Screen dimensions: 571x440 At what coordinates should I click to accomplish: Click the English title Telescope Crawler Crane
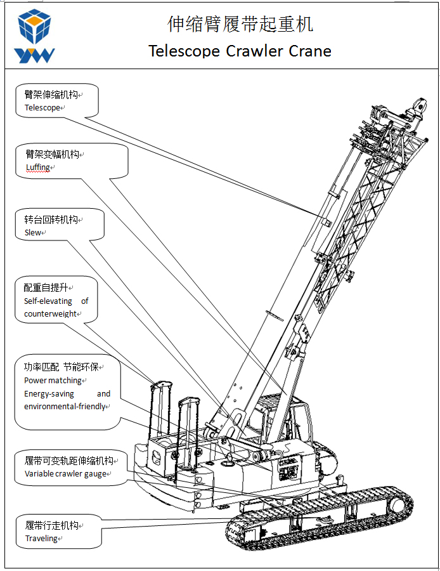pyautogui.click(x=240, y=51)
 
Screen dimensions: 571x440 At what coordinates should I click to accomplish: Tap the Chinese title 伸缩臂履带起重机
pyautogui.click(x=240, y=24)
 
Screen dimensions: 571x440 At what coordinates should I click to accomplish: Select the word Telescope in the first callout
pyautogui.click(x=42, y=108)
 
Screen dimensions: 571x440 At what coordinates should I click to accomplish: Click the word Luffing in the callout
pyautogui.click(x=37, y=167)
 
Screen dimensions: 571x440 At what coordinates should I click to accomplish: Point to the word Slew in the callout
pyautogui.click(x=33, y=233)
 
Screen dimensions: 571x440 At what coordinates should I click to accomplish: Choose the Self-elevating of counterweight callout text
pyautogui.click(x=56, y=308)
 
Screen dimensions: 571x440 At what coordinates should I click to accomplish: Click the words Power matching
pyautogui.click(x=53, y=381)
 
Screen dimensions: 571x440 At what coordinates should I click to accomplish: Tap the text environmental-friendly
pyautogui.click(x=65, y=407)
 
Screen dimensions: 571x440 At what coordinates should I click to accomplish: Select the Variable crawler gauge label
pyautogui.click(x=65, y=474)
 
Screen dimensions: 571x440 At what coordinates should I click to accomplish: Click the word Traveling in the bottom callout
pyautogui.click(x=41, y=539)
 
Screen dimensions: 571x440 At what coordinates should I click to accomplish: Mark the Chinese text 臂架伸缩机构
pyautogui.click(x=51, y=95)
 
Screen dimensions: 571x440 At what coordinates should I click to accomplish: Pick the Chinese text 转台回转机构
pyautogui.click(x=51, y=220)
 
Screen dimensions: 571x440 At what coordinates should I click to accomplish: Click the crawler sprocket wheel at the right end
pyautogui.click(x=398, y=505)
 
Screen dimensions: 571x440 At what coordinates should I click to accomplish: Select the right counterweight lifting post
pyautogui.click(x=190, y=431)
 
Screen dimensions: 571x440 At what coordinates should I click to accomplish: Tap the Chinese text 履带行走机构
pyautogui.click(x=51, y=525)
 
